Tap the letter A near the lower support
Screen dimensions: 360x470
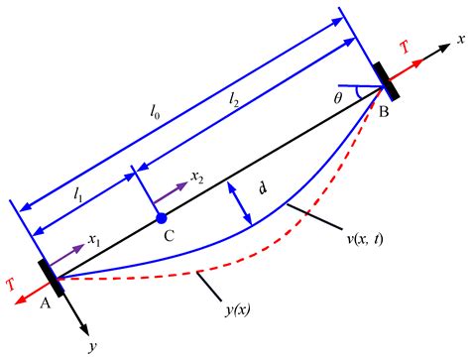(44, 305)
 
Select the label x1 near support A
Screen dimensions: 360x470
(94, 240)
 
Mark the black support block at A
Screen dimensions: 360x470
(51, 279)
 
